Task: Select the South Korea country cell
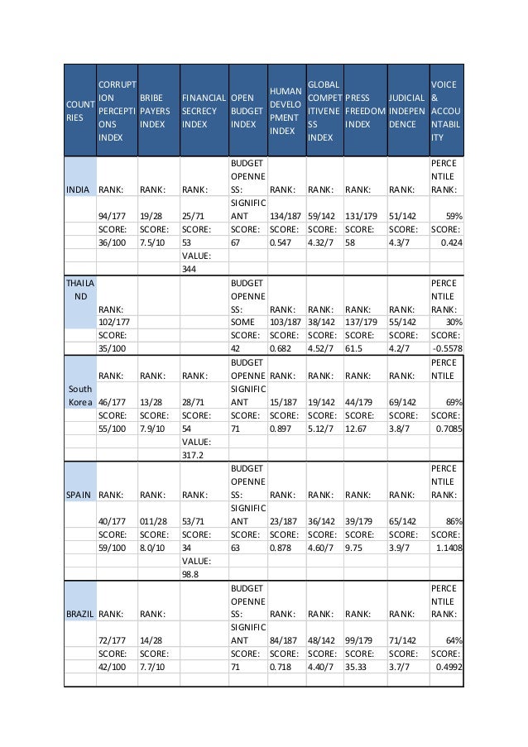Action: click(80, 395)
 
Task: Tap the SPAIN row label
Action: click(80, 495)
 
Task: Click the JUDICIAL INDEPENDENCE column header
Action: click(406, 110)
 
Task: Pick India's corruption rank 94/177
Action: click(113, 218)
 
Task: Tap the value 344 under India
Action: click(191, 269)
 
